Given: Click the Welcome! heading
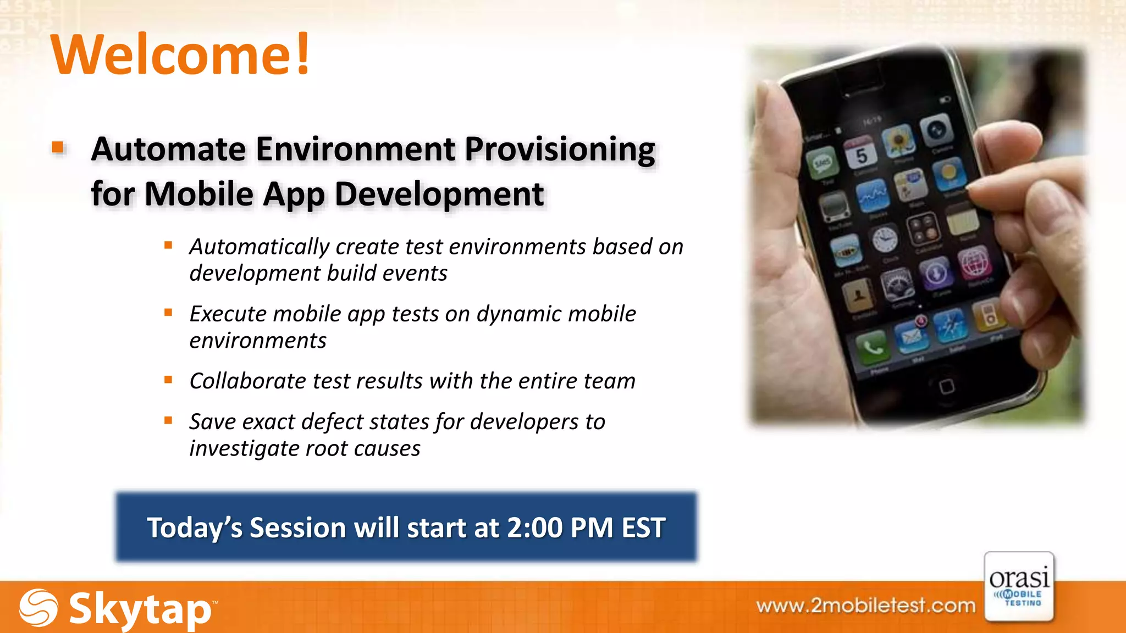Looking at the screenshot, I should click(x=180, y=55).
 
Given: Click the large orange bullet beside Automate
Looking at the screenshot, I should click(x=58, y=147).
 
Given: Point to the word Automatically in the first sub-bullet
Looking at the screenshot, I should click(x=258, y=247).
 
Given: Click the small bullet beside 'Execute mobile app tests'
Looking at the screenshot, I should click(x=168, y=313).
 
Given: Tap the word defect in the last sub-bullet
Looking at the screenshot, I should click(x=329, y=422).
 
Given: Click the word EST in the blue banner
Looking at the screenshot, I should click(x=643, y=527).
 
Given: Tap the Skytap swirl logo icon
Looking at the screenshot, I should click(x=38, y=608).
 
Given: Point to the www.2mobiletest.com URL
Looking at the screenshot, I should click(x=865, y=606).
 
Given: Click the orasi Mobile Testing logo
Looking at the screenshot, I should click(x=1019, y=587).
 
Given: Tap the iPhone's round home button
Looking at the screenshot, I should click(x=946, y=386).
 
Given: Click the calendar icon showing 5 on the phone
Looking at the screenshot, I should click(x=860, y=154).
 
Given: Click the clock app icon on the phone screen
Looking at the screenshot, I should click(x=885, y=240).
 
